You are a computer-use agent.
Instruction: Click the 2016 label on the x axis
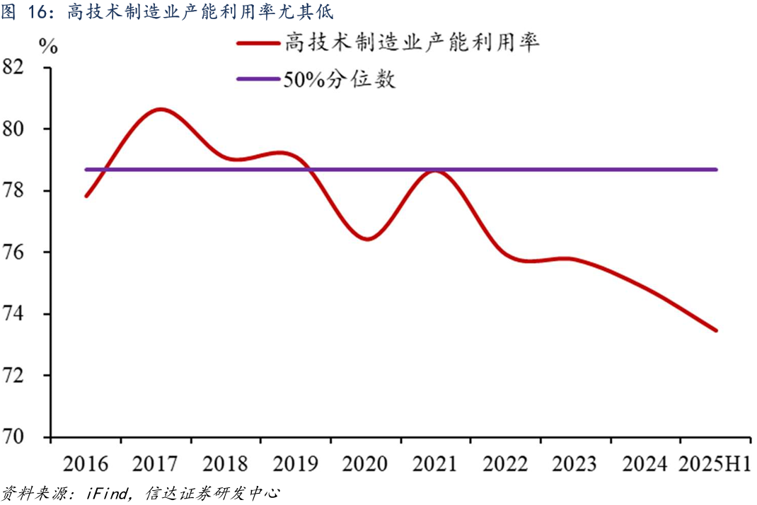coord(86,464)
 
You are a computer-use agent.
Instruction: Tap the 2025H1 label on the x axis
coord(715,464)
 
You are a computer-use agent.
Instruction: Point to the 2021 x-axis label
coord(435,464)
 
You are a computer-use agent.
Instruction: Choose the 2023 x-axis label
coord(574,464)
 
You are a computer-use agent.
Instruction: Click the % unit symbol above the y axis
coord(48,47)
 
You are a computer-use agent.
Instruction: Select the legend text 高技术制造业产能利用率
coord(412,43)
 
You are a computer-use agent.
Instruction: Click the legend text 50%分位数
coord(340,80)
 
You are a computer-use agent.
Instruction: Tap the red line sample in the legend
coord(258,44)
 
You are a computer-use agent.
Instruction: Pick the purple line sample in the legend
coord(258,80)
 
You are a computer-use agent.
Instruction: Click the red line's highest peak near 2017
coord(160,109)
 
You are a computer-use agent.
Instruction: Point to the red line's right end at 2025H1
coord(716,330)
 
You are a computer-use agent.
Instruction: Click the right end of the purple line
coord(716,170)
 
